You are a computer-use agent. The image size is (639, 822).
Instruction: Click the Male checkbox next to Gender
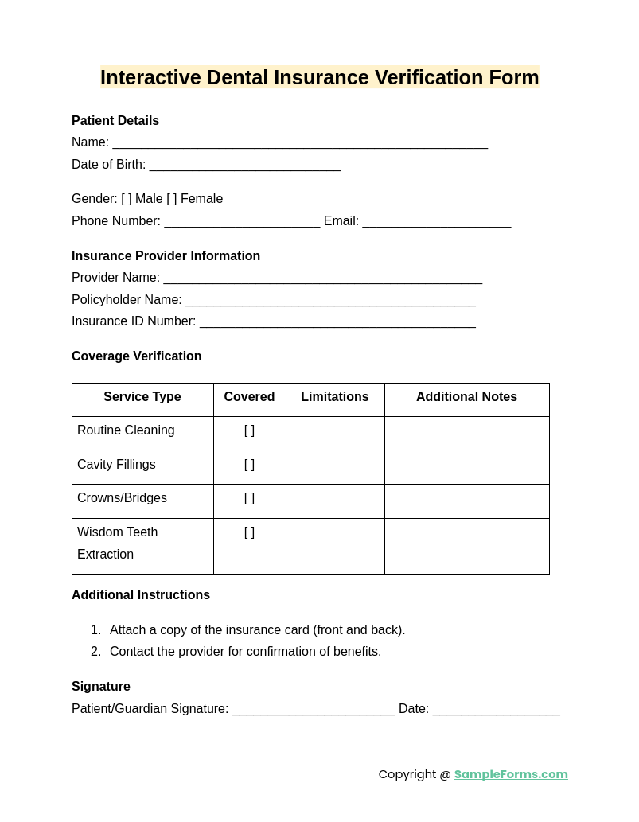click(x=127, y=199)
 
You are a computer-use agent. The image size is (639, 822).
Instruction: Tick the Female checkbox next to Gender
click(x=172, y=199)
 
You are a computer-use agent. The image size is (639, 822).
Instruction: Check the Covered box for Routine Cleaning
click(x=249, y=430)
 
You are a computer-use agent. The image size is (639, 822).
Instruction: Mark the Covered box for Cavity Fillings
click(x=249, y=465)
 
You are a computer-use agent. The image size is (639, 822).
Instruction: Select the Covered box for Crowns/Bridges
click(x=249, y=498)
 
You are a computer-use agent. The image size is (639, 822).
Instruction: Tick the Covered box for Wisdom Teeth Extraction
click(x=249, y=532)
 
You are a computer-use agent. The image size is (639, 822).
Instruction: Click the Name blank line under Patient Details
click(x=300, y=143)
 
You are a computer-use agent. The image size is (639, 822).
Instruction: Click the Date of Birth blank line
click(x=244, y=166)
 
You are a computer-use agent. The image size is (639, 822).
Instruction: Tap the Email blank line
click(x=436, y=222)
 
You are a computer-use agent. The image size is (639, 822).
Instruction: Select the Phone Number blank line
click(x=242, y=222)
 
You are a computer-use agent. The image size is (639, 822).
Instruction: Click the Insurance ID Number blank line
click(x=337, y=322)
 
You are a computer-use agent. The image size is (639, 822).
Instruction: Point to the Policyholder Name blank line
click(x=330, y=301)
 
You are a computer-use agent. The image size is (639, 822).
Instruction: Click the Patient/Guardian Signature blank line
click(x=314, y=710)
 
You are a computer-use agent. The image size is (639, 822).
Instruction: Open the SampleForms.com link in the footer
click(x=511, y=774)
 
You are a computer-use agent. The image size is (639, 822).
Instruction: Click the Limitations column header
click(x=335, y=397)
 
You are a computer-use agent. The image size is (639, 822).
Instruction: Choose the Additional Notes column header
click(x=466, y=397)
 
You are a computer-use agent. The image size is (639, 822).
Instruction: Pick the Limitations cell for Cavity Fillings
click(x=335, y=467)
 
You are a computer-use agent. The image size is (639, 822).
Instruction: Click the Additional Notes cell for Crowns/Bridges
click(x=466, y=501)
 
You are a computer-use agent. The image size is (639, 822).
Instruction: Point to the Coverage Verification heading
click(x=136, y=356)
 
